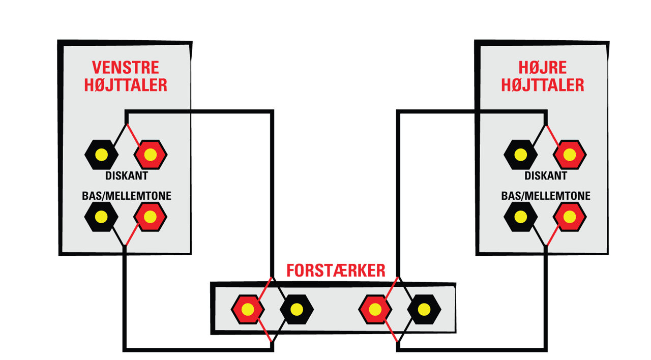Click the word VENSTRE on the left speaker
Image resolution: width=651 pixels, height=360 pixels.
point(126,68)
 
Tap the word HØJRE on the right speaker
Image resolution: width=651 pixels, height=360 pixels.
point(543,68)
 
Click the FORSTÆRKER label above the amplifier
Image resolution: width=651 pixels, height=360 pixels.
point(336,271)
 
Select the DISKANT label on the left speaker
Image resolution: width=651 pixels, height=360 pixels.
point(127,176)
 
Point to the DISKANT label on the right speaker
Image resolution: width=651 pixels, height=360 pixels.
point(546,176)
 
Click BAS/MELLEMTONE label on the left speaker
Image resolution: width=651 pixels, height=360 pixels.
point(127,196)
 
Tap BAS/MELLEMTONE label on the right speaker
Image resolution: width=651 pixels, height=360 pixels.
point(546,196)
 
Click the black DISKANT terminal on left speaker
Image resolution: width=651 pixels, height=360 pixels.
point(101,155)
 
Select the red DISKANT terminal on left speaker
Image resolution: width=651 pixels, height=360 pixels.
point(150,155)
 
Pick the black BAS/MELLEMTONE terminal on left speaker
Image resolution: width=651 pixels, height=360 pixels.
point(101,217)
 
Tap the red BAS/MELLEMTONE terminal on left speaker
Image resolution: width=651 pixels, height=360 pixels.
point(150,217)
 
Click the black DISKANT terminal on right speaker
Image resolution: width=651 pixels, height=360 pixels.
point(520,155)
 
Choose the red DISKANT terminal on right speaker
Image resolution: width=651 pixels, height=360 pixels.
point(570,155)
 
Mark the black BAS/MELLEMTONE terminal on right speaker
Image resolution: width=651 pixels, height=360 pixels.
point(520,217)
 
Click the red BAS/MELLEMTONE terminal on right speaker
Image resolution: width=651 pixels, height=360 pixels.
point(570,217)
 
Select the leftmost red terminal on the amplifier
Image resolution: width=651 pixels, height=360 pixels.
point(248,310)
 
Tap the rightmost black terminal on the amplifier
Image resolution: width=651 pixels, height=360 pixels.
point(424,310)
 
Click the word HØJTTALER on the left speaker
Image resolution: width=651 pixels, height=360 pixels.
point(126,85)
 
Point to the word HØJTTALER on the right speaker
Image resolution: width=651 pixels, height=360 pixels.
point(543,85)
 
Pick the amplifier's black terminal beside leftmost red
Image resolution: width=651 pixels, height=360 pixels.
point(297,310)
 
